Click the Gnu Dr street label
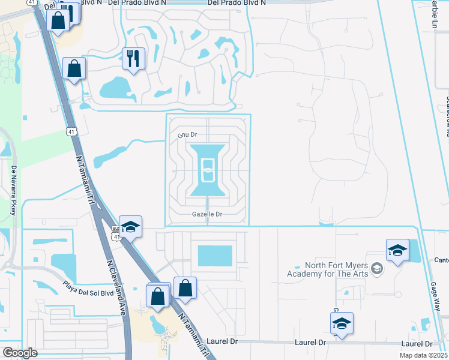(187, 134)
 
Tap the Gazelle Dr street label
(207, 214)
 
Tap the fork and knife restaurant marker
(133, 59)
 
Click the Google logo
(20, 352)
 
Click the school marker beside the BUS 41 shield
(130, 227)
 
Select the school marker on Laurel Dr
(342, 323)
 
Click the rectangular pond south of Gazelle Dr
(214, 256)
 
